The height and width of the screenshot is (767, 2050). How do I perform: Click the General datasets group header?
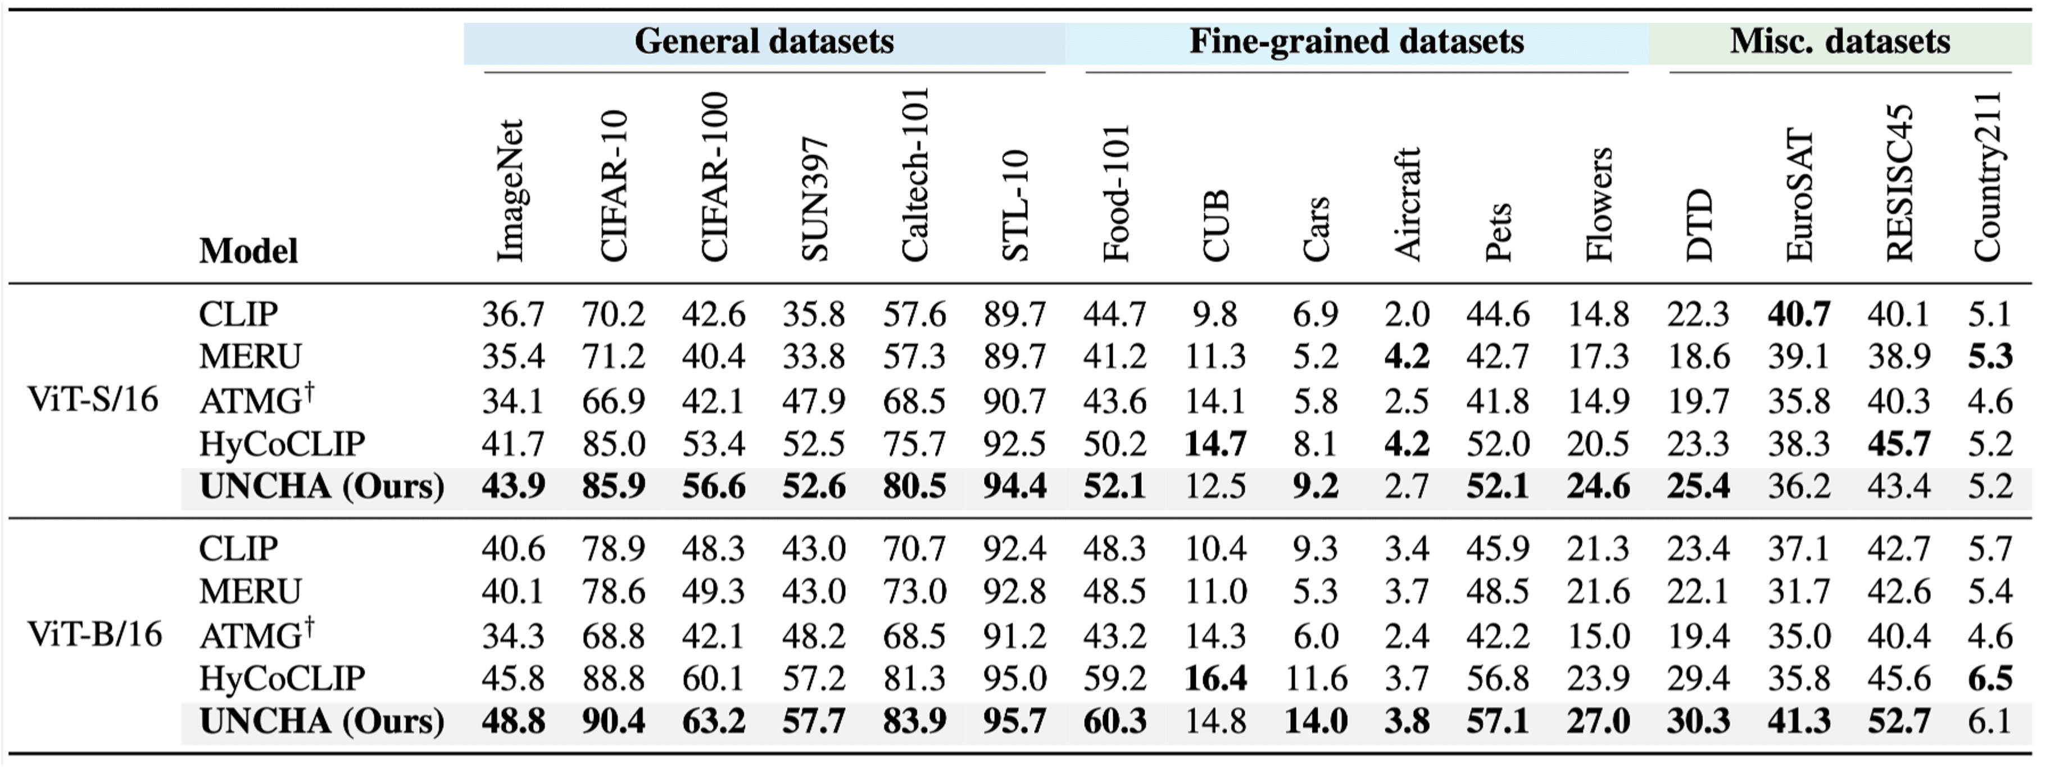tap(764, 42)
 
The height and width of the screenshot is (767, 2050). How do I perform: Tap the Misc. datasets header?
tap(1839, 42)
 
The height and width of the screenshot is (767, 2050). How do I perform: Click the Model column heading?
tap(248, 251)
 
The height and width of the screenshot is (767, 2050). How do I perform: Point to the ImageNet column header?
tap(511, 191)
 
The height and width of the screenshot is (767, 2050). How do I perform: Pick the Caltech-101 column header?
tap(914, 175)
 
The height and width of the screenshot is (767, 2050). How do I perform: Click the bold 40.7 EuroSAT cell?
tap(1798, 314)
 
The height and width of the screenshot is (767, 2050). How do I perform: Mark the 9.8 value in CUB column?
tap(1214, 314)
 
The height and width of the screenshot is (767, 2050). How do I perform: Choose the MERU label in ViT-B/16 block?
tap(250, 592)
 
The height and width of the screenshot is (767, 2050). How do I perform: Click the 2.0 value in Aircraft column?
tap(1406, 314)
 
